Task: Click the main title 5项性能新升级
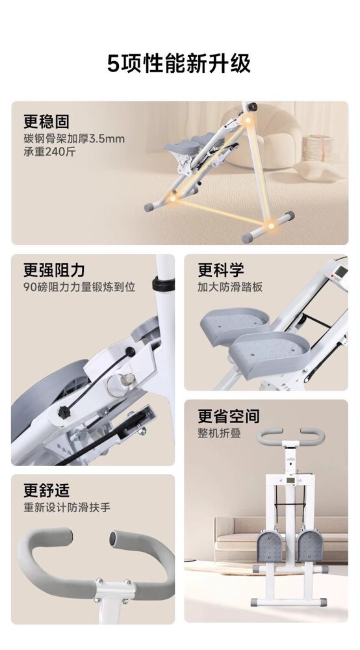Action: (179, 64)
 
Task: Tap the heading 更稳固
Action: (46, 122)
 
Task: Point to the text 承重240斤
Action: (50, 151)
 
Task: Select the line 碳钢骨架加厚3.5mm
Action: (73, 138)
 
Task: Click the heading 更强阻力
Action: (54, 270)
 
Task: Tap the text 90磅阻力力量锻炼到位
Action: (79, 287)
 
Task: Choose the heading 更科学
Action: (221, 270)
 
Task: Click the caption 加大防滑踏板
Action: (230, 287)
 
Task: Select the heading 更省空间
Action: (229, 416)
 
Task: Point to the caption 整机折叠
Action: (219, 433)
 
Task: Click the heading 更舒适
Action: (46, 490)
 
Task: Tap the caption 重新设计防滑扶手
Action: (67, 508)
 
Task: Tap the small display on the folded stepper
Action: (291, 481)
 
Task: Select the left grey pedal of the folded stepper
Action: (270, 547)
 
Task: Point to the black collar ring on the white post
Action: (163, 284)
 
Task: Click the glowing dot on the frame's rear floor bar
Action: (271, 226)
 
